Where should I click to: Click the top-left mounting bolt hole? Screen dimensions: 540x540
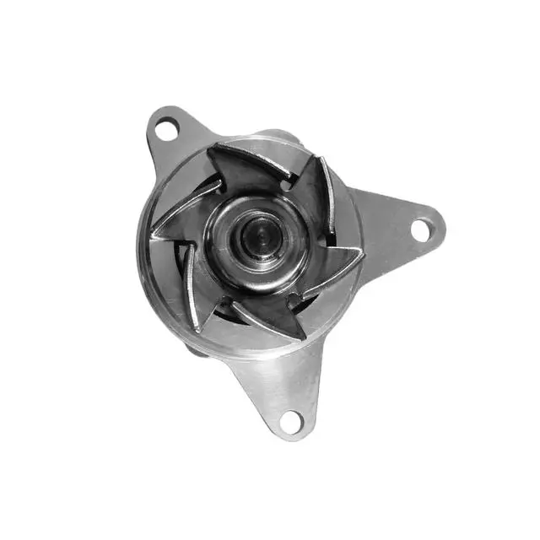coord(167,129)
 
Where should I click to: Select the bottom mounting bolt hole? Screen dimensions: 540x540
coord(291,418)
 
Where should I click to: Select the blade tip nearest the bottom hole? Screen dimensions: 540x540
coord(302,337)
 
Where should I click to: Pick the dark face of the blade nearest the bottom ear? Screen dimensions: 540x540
coord(270,316)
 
